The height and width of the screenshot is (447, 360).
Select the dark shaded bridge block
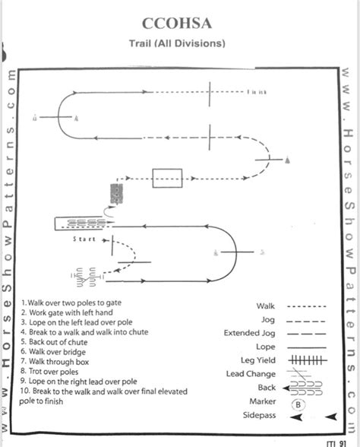(x=117, y=193)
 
